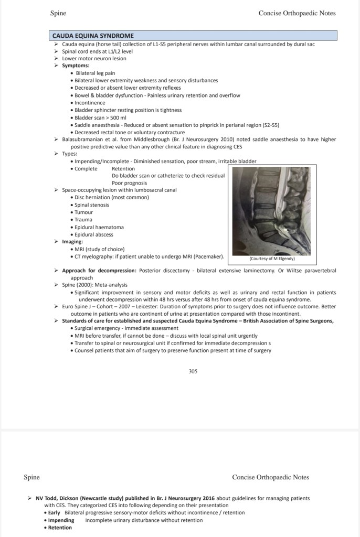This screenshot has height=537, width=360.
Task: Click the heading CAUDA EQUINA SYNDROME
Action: click(x=93, y=36)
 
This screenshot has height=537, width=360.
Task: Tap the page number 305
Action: click(x=193, y=371)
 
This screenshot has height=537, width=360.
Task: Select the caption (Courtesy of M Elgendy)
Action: click(x=272, y=259)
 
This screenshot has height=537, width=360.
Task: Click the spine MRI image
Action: click(x=271, y=210)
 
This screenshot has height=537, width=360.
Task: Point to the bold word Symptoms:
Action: click(x=76, y=66)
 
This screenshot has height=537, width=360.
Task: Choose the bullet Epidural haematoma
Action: click(x=99, y=227)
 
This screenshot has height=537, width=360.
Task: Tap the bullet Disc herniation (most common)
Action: click(x=111, y=197)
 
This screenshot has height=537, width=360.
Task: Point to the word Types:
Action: click(x=69, y=154)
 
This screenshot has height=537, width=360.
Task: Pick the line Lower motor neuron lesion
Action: click(x=94, y=58)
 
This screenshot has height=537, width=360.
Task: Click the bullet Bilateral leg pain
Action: click(x=95, y=73)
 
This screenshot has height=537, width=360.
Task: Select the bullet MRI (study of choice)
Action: click(x=100, y=249)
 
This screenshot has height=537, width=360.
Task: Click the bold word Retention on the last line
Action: click(x=60, y=528)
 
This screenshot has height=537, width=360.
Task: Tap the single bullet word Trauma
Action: click(x=83, y=219)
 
